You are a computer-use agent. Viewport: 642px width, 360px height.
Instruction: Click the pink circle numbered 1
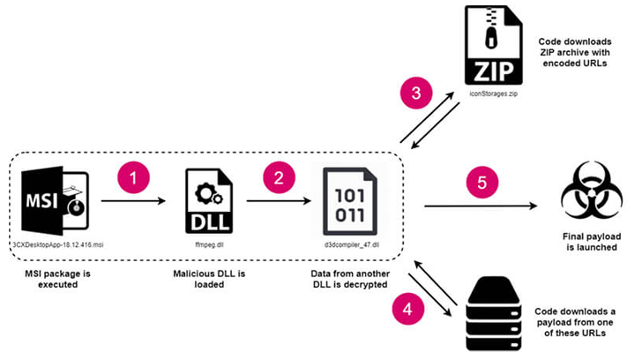133,177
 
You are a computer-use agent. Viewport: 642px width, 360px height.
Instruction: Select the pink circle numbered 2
279,177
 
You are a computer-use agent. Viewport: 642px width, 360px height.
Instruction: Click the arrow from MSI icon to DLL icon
133,201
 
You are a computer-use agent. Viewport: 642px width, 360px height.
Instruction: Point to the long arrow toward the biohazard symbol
481,207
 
